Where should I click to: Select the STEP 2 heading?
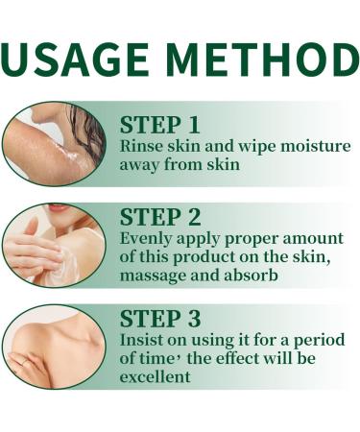coord(160,216)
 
